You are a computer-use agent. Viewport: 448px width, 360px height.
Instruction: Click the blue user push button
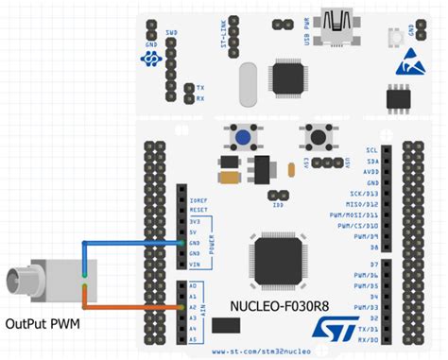(x=243, y=140)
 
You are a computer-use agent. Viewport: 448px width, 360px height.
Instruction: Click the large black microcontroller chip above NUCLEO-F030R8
(x=280, y=263)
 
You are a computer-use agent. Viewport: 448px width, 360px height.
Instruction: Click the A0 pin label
(x=194, y=283)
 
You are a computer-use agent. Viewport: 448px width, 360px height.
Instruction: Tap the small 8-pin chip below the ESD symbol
(x=397, y=97)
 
